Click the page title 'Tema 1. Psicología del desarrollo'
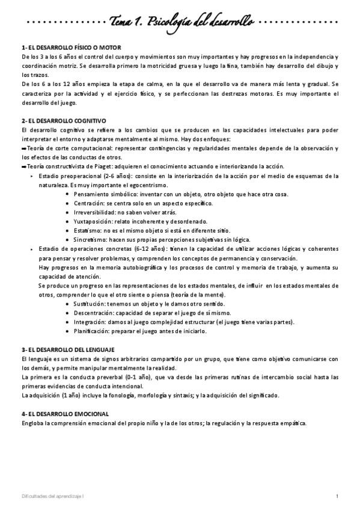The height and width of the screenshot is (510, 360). click(x=180, y=22)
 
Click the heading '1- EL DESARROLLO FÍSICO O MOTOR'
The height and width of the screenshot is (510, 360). click(x=72, y=47)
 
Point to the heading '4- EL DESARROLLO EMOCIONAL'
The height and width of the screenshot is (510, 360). click(x=65, y=414)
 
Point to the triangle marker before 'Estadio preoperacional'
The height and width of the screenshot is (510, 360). click(x=31, y=176)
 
